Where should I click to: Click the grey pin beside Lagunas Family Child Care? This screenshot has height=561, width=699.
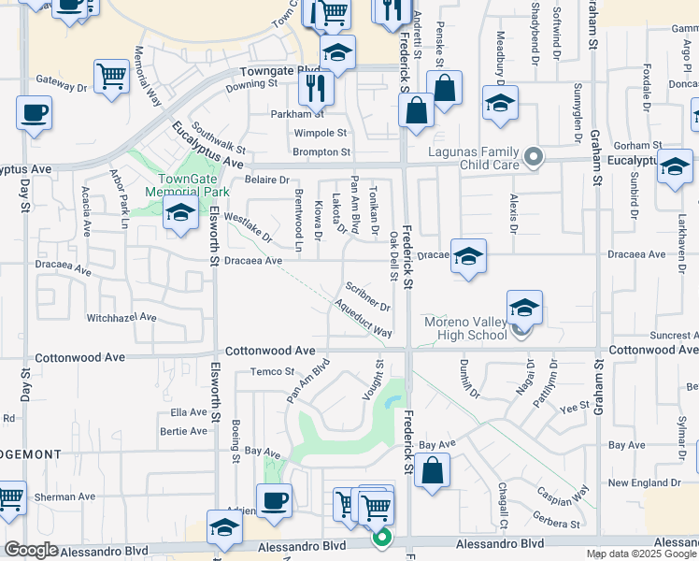(x=534, y=156)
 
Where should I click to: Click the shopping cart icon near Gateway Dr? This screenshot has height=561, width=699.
(x=111, y=77)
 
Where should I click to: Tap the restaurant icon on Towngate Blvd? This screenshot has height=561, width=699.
(x=317, y=88)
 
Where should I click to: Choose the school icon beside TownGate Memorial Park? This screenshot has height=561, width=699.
(x=179, y=213)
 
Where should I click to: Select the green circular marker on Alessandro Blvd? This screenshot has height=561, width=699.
(x=382, y=538)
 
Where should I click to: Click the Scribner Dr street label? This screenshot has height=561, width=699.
(x=366, y=295)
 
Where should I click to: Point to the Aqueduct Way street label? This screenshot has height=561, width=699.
(x=363, y=318)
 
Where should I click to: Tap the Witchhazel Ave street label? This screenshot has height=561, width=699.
(x=121, y=318)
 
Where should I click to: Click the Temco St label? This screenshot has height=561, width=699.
(x=272, y=372)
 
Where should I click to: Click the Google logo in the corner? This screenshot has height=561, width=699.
(x=31, y=550)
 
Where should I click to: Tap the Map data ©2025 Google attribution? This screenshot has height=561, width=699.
(x=641, y=554)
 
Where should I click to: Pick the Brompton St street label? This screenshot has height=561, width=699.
(x=321, y=151)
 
